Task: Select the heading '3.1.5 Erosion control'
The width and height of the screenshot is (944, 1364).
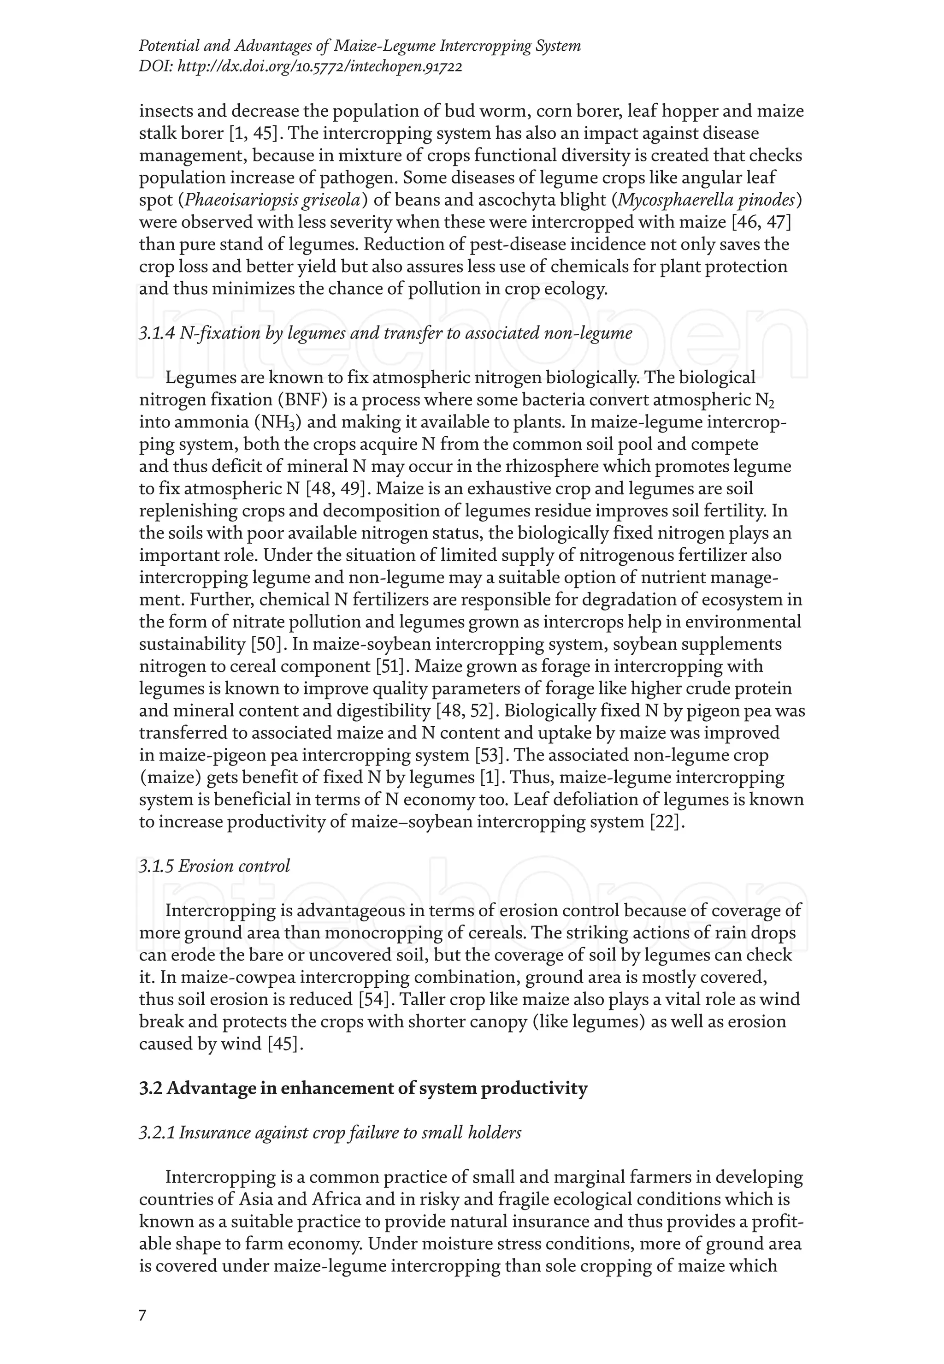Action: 214,866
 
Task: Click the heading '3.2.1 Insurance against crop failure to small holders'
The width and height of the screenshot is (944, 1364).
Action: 330,1133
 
